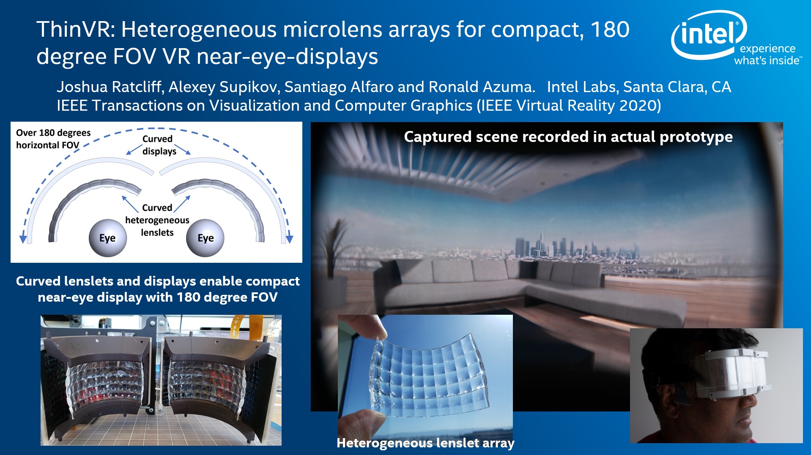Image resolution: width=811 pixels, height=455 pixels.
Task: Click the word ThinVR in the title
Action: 76,30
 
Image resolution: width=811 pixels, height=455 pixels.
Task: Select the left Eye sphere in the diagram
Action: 108,238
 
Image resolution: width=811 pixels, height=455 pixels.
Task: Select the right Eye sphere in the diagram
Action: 205,238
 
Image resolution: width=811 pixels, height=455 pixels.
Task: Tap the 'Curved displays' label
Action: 159,145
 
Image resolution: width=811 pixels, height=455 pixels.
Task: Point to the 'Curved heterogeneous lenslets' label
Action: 157,220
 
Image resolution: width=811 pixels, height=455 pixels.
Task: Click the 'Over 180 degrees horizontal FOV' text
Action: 53,139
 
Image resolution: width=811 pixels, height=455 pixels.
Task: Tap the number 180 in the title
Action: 610,30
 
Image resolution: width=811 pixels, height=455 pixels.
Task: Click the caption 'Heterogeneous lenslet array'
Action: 425,443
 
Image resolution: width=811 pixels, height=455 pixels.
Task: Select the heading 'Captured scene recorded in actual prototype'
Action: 568,136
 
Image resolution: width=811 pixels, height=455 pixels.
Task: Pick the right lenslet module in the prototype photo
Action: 211,380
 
